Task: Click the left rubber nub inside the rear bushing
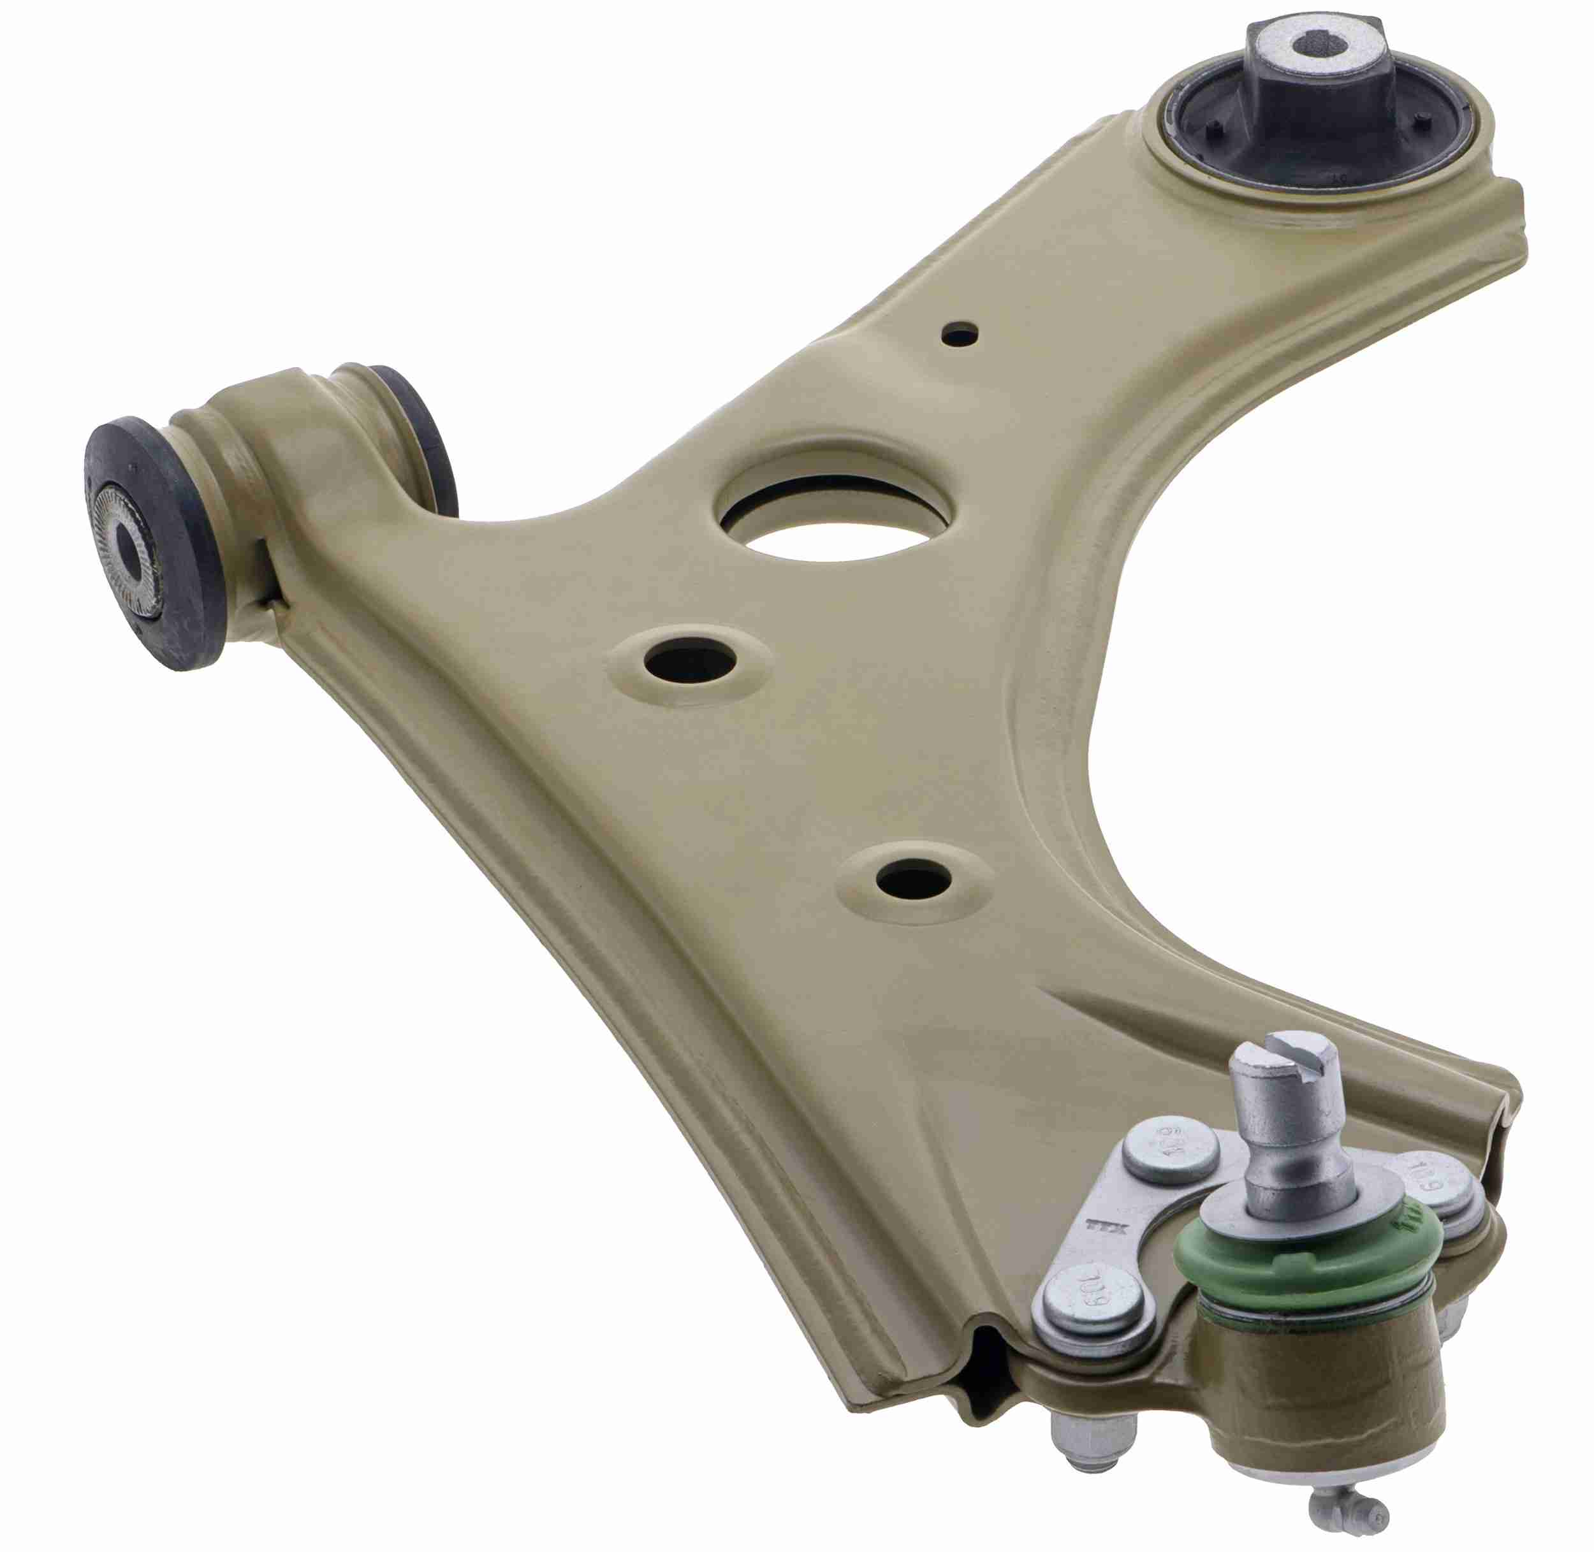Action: (x=1214, y=128)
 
